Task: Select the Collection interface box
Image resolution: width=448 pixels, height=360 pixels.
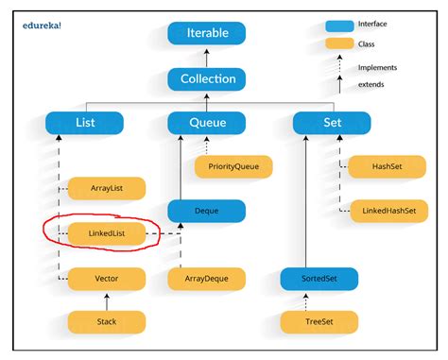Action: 207,78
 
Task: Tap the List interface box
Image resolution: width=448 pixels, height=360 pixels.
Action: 84,122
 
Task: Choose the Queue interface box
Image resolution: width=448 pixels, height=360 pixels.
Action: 207,122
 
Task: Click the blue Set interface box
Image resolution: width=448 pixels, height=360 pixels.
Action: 332,122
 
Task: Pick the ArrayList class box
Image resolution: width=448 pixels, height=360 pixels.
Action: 106,189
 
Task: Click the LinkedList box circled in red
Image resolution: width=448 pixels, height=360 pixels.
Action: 106,232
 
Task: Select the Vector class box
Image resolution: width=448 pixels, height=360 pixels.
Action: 106,279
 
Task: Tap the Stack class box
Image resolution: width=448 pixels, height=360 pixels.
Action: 106,323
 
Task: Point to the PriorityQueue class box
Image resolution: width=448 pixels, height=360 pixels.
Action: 233,167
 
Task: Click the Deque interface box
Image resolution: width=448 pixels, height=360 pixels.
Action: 207,212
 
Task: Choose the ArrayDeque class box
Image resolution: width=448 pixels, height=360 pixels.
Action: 207,279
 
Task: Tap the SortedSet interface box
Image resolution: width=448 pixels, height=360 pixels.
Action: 319,279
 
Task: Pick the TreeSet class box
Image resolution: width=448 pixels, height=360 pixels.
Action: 319,323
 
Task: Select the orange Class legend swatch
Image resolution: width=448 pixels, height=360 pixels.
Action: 338,44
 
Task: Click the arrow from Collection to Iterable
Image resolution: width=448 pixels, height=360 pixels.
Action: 207,57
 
